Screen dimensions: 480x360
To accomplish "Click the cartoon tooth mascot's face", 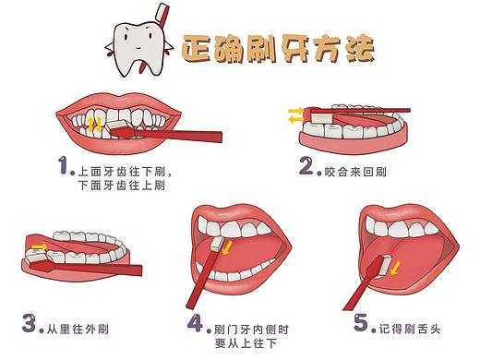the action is coord(138,39).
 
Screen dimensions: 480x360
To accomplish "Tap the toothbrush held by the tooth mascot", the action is coord(162,16).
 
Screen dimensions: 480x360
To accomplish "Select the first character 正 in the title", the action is coord(197,49).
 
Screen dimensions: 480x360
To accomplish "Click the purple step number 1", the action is coord(64,165).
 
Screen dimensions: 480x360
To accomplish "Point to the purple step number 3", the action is coord(30,322).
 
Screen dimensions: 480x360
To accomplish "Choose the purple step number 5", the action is coord(361,322).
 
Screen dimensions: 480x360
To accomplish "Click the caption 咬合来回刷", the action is coord(355,172).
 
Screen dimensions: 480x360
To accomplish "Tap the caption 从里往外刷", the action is coord(78,330).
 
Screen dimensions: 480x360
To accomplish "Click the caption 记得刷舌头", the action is coord(410,329).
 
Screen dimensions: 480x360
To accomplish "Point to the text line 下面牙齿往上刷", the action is coord(122,186).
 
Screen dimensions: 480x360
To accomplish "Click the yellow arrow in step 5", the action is coord(395,268).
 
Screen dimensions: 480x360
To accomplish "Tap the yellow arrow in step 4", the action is coord(227,247).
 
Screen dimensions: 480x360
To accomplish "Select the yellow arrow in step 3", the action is coord(41,246).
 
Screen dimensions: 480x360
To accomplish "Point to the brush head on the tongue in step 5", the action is coord(384,267).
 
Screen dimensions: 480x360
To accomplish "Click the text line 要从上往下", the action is coord(246,343).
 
